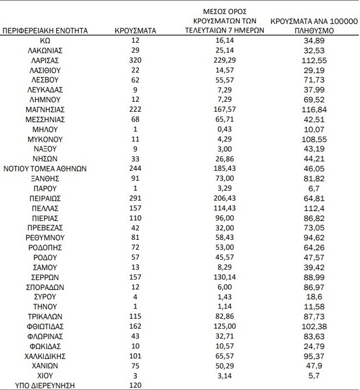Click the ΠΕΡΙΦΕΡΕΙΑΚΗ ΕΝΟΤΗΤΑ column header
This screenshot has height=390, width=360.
46,29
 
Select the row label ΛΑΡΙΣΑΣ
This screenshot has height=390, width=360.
45,60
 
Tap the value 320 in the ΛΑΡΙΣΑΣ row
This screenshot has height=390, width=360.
136,60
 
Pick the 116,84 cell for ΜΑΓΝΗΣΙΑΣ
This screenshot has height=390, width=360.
314,109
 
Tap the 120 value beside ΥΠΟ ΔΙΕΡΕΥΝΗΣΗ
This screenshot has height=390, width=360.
136,385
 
